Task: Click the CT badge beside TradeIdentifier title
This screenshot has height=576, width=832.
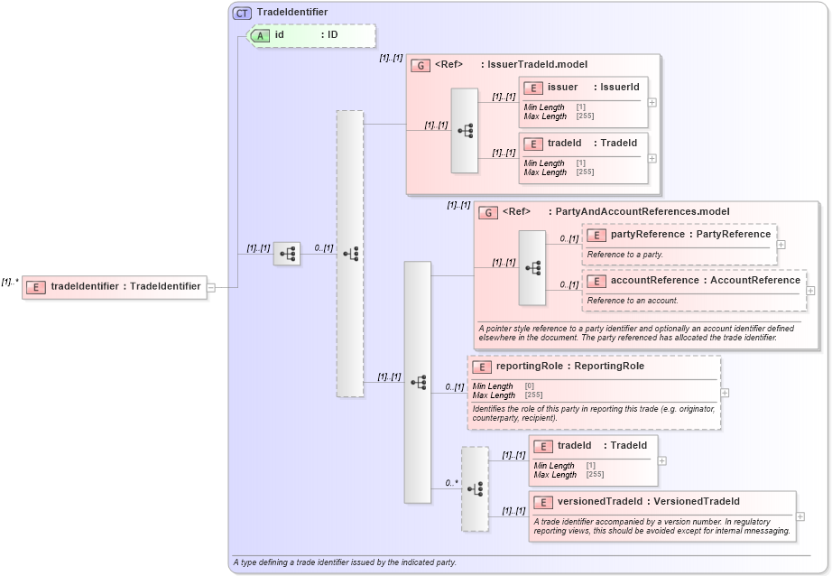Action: [242, 13]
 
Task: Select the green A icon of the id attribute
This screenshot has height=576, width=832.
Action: [260, 35]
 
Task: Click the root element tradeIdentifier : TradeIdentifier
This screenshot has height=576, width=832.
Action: [125, 287]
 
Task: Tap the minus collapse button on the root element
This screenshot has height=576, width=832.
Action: [210, 288]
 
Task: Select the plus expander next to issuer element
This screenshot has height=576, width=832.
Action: [652, 102]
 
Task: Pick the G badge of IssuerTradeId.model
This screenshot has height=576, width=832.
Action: [420, 65]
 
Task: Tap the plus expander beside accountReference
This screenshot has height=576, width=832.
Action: [810, 291]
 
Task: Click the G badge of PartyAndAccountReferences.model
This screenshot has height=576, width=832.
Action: [487, 212]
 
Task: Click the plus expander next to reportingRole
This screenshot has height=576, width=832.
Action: [725, 393]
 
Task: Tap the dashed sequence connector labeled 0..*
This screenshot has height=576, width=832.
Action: [475, 488]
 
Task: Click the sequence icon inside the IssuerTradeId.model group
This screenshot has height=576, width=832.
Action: [465, 130]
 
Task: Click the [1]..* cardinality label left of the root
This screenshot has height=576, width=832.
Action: [10, 282]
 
